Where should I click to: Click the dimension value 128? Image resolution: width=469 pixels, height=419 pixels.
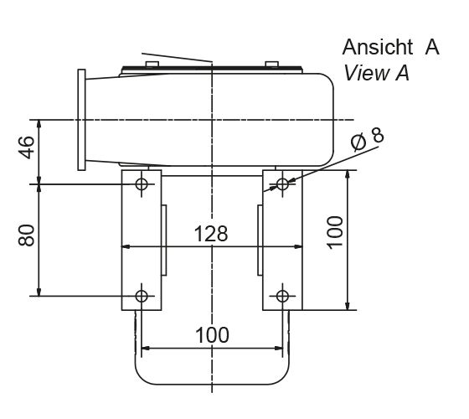pyautogui.click(x=211, y=234)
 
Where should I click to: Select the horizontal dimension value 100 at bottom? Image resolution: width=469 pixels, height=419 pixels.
pyautogui.click(x=212, y=334)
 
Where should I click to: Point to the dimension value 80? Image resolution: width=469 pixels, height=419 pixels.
pyautogui.click(x=27, y=235)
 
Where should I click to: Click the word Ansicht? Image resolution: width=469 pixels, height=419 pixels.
pyautogui.click(x=377, y=47)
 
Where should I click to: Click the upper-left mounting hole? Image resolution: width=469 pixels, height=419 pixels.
pyautogui.click(x=141, y=183)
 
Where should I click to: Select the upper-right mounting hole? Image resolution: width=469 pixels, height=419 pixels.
pyautogui.click(x=282, y=183)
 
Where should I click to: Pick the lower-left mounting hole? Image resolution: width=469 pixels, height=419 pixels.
pyautogui.click(x=141, y=296)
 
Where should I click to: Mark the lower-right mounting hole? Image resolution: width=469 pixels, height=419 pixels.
pyautogui.click(x=282, y=296)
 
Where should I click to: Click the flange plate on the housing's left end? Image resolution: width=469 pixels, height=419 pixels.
pyautogui.click(x=81, y=120)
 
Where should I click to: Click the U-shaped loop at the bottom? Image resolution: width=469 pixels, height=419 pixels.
pyautogui.click(x=212, y=373)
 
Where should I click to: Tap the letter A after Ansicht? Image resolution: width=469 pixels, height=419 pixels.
pyautogui.click(x=431, y=47)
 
